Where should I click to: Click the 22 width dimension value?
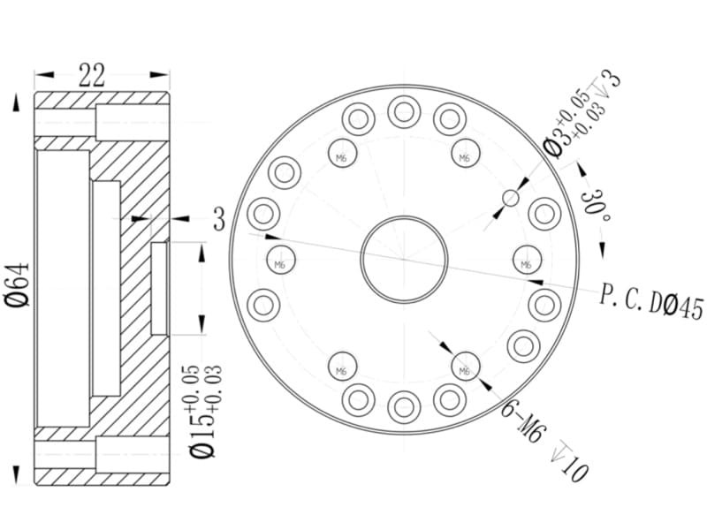click(92, 75)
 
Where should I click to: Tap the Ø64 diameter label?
click(17, 284)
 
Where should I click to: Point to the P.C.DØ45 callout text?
click(651, 303)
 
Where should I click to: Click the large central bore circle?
click(404, 216)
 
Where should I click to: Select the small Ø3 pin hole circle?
click(511, 197)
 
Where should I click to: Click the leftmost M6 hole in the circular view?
click(280, 261)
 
